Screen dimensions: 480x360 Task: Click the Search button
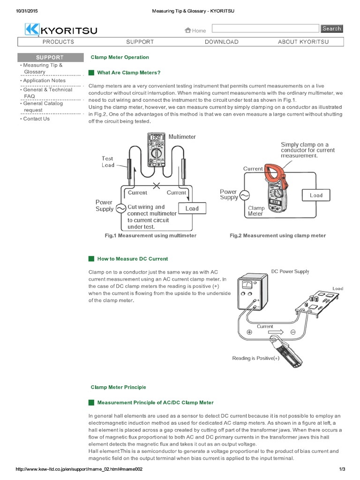(331, 29)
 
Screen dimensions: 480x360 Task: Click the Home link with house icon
(195, 30)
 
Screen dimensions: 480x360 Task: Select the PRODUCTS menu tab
(58, 42)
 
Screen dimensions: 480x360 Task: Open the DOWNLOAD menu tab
(221, 42)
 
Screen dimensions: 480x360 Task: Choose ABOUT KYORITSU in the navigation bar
(303, 42)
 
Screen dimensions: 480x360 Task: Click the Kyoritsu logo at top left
(61, 30)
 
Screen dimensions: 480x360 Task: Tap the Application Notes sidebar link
(44, 81)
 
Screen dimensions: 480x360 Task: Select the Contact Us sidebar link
(36, 119)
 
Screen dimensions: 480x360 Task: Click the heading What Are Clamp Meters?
(128, 73)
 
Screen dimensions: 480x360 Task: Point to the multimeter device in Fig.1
(155, 150)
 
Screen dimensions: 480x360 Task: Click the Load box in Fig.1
(192, 209)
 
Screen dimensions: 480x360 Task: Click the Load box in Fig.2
(316, 195)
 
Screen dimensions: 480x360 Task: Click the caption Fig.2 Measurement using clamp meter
(277, 235)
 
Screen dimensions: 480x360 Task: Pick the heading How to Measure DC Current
(132, 259)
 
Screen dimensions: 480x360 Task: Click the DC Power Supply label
(290, 271)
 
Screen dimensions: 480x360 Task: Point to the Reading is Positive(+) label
(255, 358)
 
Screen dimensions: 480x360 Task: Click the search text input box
(265, 29)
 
